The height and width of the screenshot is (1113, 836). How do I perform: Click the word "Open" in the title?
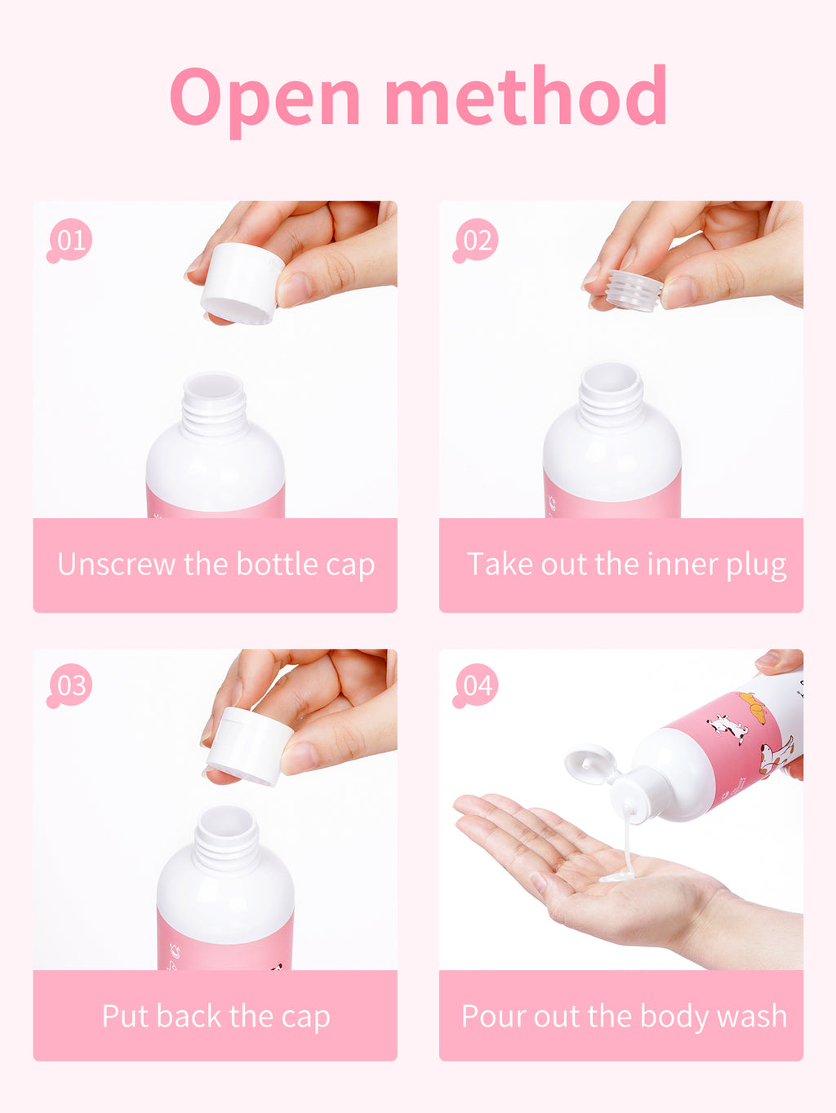(x=265, y=99)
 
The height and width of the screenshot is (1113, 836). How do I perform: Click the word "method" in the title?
(x=526, y=95)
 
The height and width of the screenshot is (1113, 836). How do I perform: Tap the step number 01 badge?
(x=69, y=241)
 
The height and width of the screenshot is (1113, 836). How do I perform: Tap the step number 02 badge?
(x=475, y=241)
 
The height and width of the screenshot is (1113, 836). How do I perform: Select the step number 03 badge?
(x=69, y=685)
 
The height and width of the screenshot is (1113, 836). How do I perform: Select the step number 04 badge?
(x=475, y=685)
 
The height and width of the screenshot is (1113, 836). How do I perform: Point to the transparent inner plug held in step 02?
(x=634, y=290)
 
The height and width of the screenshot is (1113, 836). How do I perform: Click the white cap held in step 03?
(x=250, y=745)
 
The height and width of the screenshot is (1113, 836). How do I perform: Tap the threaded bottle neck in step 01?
(x=214, y=405)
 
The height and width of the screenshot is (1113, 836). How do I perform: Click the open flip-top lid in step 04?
(x=592, y=764)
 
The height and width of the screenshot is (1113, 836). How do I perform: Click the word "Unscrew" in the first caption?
(x=116, y=565)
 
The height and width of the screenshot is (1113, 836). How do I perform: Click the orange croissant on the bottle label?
(x=752, y=707)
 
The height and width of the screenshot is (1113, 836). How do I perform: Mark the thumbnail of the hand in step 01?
(x=295, y=289)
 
